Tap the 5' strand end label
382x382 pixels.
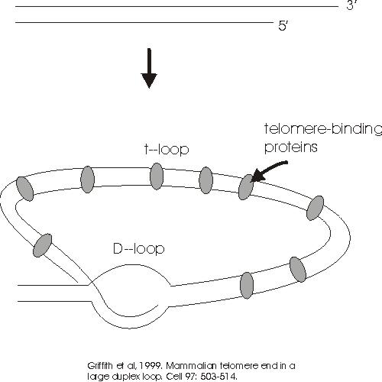tap(283, 26)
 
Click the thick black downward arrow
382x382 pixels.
tap(149, 68)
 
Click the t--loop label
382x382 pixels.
tap(167, 149)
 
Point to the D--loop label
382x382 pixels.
tap(139, 249)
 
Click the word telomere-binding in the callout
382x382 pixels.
tap(323, 129)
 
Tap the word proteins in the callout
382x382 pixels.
tap(291, 147)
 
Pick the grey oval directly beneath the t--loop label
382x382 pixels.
tap(157, 176)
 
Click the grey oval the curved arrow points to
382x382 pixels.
tap(246, 187)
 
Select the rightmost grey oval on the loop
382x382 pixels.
tap(315, 208)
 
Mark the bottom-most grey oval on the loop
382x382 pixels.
tap(247, 285)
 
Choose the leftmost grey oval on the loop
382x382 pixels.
tap(24, 189)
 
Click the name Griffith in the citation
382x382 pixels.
tap(100, 366)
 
